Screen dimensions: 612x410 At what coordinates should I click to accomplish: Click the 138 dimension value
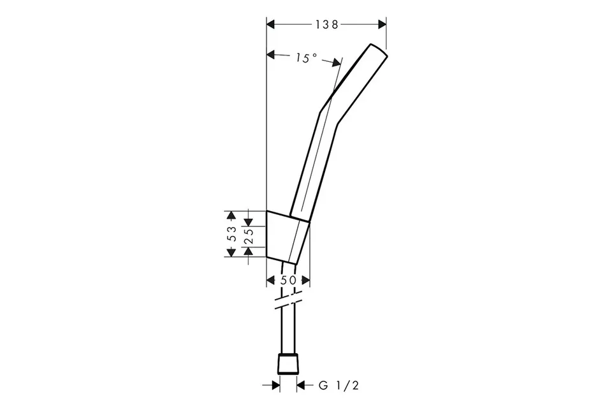(x=326, y=25)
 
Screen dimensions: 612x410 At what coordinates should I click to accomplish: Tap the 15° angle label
(x=306, y=59)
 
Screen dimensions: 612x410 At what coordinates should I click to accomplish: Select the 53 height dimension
(x=232, y=234)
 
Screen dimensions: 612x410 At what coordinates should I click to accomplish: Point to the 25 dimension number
(x=249, y=236)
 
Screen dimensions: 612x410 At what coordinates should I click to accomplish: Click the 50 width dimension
(x=288, y=280)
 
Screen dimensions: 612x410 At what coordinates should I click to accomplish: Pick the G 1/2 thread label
(x=339, y=386)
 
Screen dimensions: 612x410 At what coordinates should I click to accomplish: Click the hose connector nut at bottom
(x=288, y=364)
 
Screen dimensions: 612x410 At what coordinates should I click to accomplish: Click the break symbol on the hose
(x=288, y=300)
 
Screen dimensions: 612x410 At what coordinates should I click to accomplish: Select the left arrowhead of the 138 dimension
(x=272, y=25)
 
